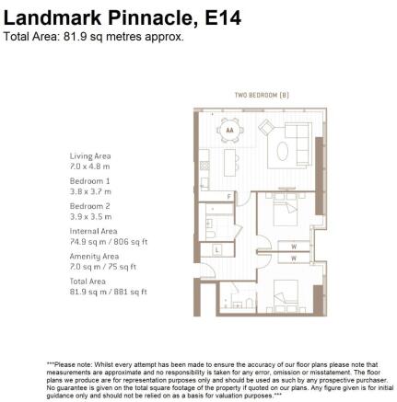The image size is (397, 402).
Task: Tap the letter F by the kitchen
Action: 228,196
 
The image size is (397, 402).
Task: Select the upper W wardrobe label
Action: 294,247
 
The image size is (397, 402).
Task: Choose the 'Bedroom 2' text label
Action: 89,206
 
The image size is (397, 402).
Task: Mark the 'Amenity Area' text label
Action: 94,256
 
